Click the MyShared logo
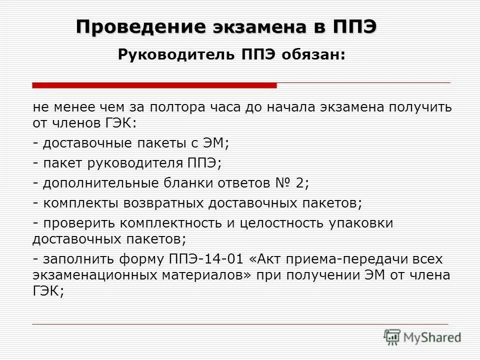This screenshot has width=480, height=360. (x=422, y=337)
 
